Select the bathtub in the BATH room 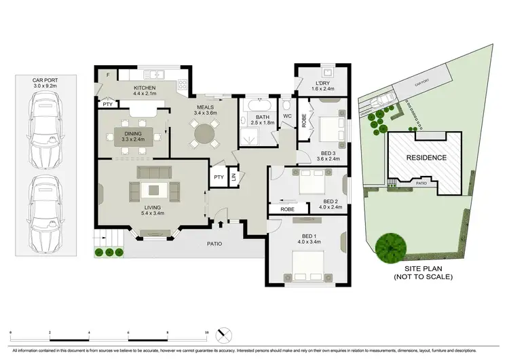tap(259, 107)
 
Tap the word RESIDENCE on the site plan tap(426, 158)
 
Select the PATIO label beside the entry tap(214, 243)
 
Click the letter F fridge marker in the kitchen tap(107, 75)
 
